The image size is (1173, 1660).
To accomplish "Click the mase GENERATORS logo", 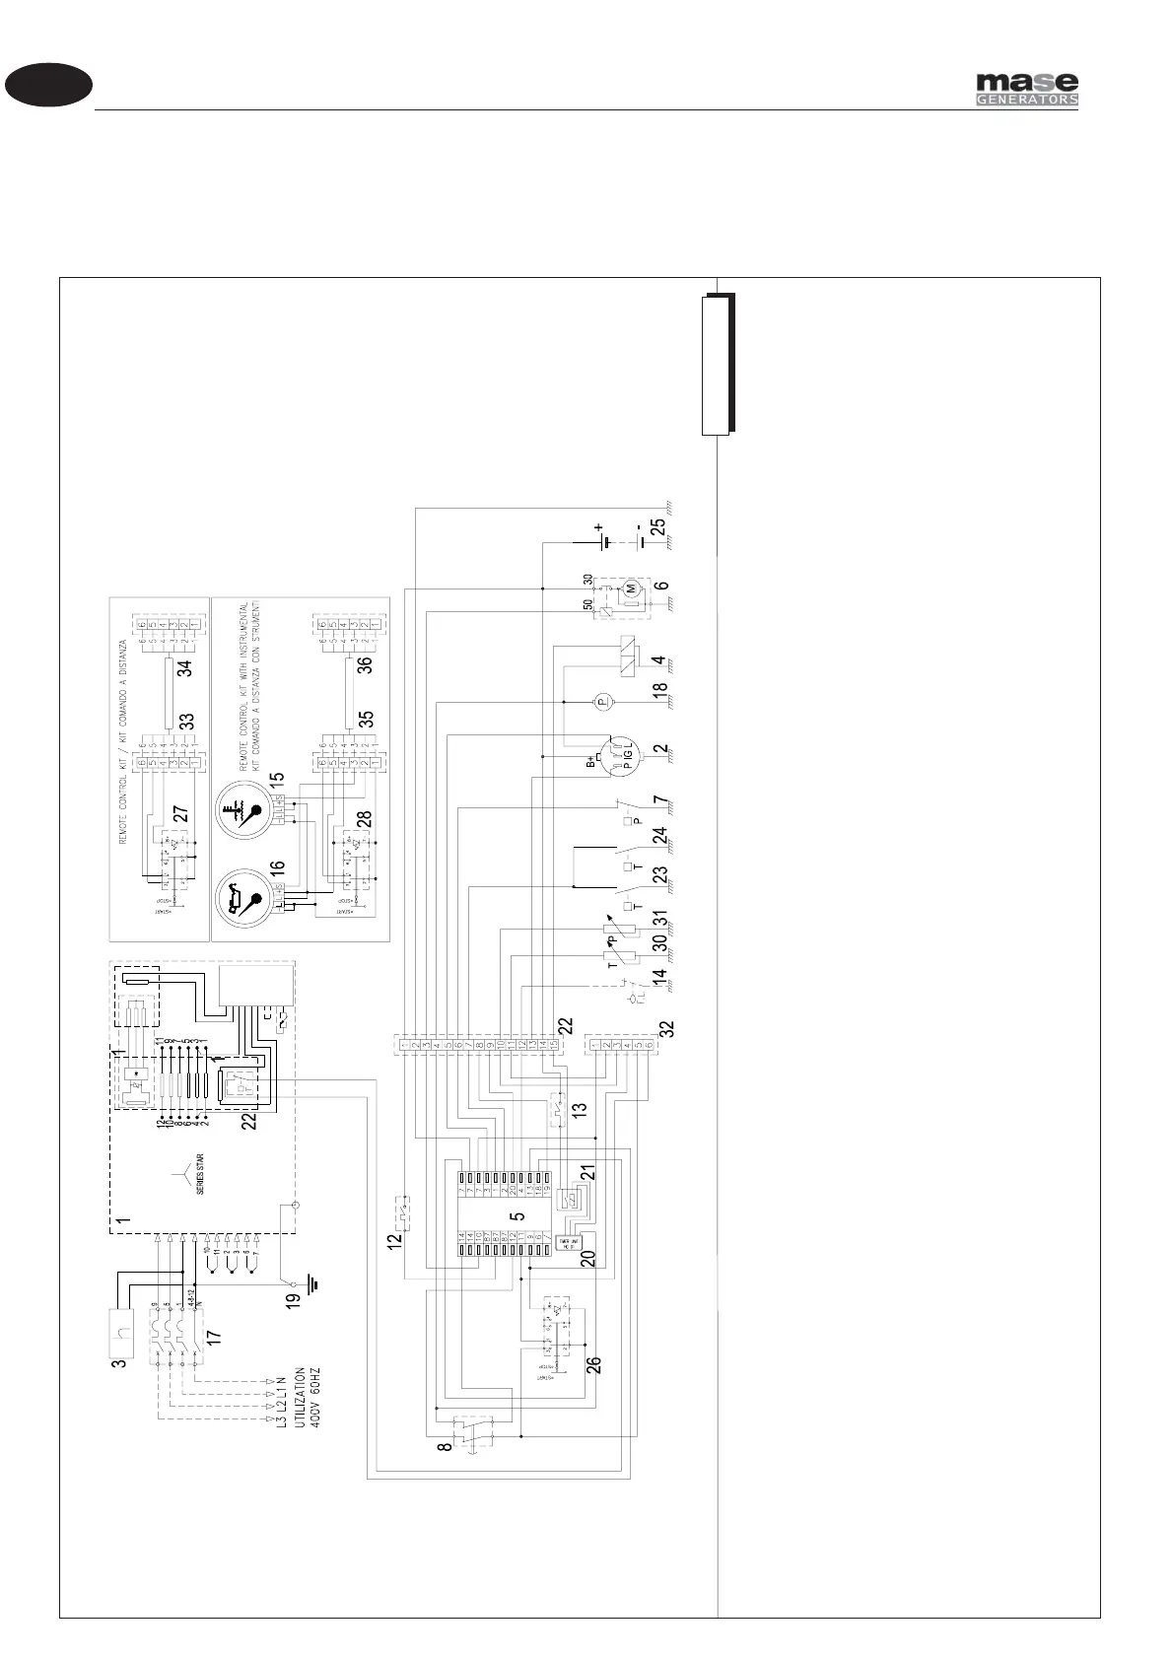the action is [1027, 89].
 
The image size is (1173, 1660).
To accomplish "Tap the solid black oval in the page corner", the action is [48, 85].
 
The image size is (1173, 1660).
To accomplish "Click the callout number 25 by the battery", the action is [658, 527].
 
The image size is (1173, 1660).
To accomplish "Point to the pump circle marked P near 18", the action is [605, 701].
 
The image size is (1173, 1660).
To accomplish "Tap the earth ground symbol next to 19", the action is [312, 1284].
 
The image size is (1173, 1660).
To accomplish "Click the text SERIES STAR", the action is [200, 1174].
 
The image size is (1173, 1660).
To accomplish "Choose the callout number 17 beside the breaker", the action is [215, 1338].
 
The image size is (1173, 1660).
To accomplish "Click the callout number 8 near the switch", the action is [446, 1447].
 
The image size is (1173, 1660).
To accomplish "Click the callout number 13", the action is [581, 1108].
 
